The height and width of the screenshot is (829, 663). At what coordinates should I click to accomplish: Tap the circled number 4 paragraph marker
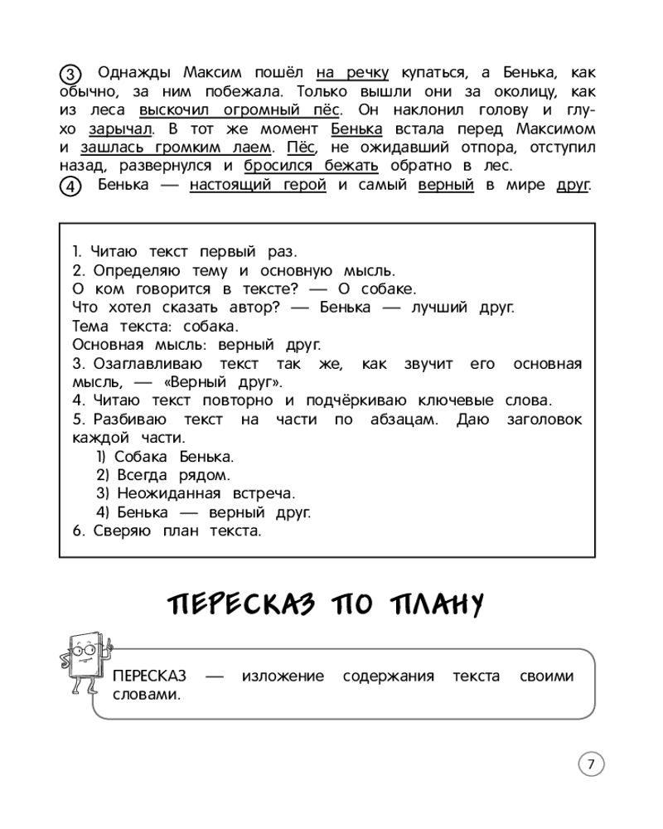coord(72,187)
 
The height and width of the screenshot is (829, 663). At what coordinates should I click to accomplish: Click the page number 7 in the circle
coord(591,764)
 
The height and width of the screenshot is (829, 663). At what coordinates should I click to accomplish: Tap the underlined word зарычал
coord(120,128)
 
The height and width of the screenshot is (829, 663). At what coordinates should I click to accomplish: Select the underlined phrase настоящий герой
coord(258,185)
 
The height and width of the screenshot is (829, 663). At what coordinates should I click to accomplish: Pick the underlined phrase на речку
coord(353,72)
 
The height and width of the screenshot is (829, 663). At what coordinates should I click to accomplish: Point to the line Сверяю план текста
coord(167,531)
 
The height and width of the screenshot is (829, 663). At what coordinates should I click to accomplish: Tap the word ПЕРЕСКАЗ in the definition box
coord(150,676)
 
